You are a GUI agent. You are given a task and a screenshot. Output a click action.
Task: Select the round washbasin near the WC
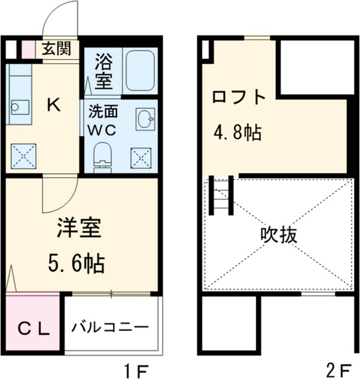click(x=145, y=119)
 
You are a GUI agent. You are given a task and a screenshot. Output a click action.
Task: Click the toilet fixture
click(x=103, y=156)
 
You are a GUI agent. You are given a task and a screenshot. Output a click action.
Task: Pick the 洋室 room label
click(x=79, y=229)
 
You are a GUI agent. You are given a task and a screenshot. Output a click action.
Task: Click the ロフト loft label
click(x=238, y=97)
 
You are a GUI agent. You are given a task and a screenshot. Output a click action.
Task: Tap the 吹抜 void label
click(x=278, y=235)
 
